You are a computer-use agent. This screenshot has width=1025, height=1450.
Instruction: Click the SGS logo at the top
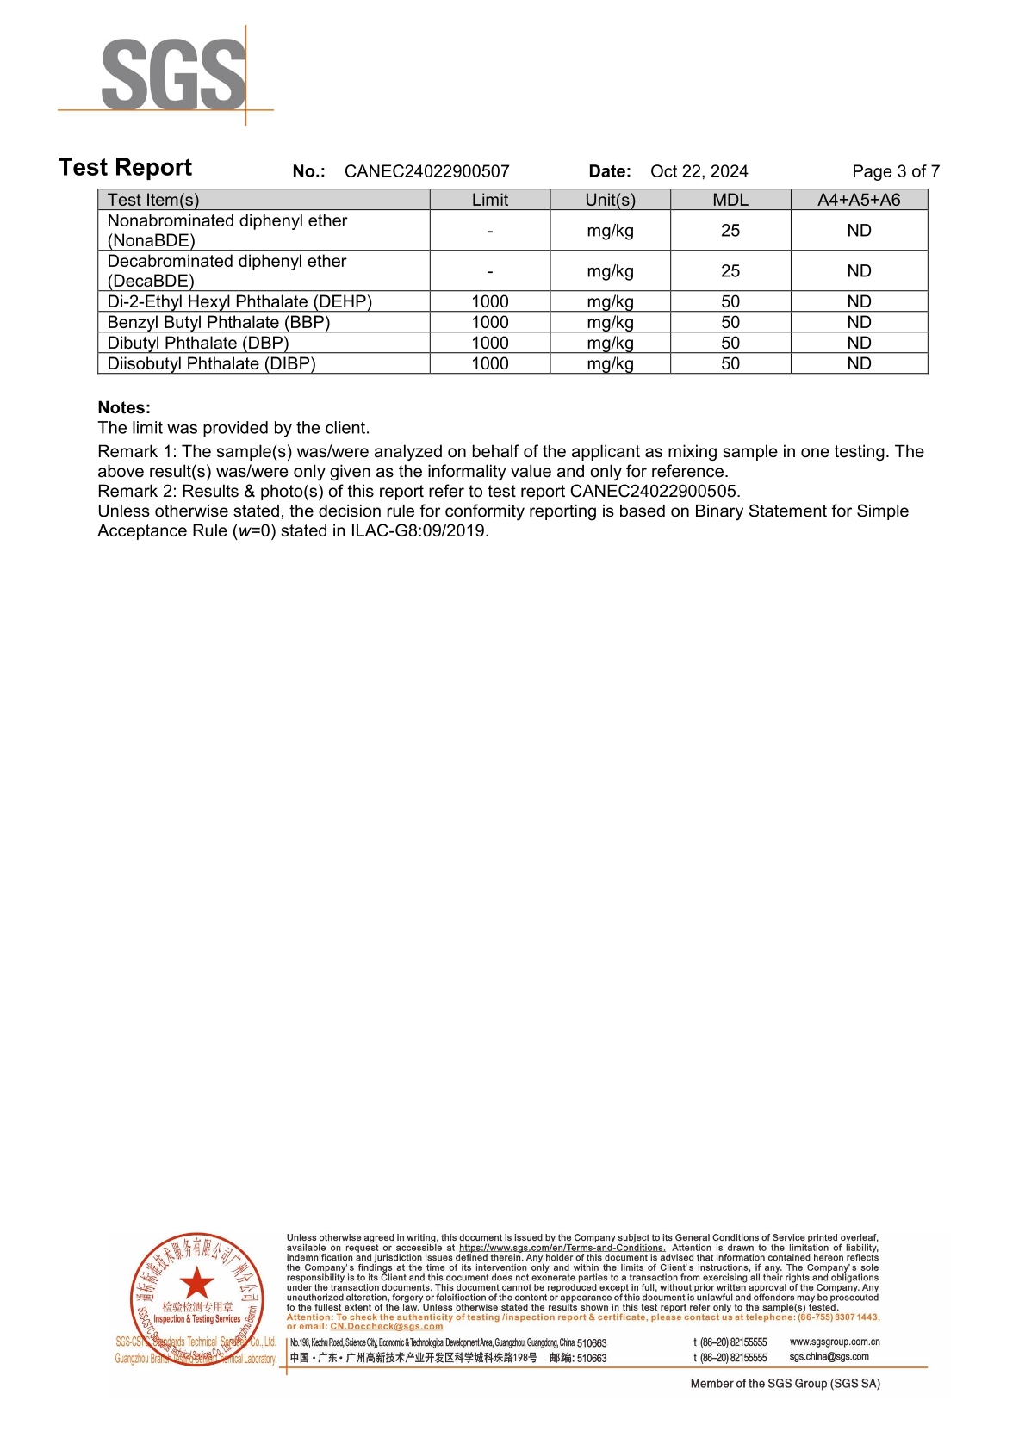point(173,75)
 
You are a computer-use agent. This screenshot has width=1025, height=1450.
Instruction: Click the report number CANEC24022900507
point(426,171)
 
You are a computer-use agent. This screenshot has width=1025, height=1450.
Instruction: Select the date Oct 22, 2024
point(699,171)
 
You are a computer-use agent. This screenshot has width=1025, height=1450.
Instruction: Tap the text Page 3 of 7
point(895,171)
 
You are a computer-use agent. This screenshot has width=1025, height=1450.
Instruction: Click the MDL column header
point(730,200)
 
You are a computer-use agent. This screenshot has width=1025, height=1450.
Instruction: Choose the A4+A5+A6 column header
point(858,200)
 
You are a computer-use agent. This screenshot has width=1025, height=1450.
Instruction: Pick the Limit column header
point(489,200)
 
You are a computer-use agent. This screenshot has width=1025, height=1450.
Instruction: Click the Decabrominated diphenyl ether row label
point(227,270)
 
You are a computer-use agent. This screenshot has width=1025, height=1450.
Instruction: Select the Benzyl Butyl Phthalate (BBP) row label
point(218,322)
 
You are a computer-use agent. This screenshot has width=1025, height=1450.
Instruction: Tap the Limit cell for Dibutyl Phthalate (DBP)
point(489,343)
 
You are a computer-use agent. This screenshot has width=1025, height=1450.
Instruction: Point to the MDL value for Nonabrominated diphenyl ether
point(730,231)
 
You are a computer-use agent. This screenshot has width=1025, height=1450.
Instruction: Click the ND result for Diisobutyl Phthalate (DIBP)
point(858,363)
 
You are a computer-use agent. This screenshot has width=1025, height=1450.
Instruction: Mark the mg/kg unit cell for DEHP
point(610,301)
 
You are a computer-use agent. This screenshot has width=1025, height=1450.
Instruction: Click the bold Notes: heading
point(124,407)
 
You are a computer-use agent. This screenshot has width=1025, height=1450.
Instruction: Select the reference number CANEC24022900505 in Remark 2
point(654,491)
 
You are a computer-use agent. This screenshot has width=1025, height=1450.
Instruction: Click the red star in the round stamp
point(197,1283)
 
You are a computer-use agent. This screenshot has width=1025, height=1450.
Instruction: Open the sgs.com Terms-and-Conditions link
point(562,1248)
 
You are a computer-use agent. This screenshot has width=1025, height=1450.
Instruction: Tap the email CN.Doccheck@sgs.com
point(387,1326)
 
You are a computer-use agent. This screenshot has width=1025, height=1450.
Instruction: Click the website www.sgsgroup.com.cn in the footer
point(835,1342)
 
